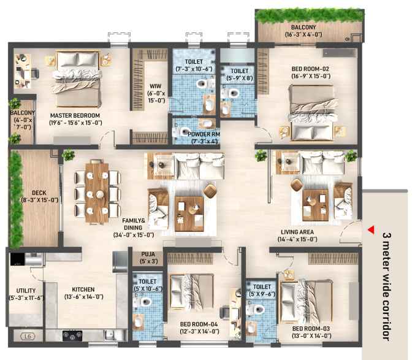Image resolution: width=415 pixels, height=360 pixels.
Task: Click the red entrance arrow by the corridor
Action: point(371,230)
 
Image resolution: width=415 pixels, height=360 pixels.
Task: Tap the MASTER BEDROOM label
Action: point(75,116)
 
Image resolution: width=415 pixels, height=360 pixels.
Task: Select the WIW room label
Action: point(155,86)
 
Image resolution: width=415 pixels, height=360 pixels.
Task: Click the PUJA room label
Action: point(148,255)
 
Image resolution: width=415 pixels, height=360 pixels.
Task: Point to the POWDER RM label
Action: point(204,134)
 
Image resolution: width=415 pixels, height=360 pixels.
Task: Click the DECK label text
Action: point(39,193)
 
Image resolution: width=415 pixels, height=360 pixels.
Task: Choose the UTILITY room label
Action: point(26,291)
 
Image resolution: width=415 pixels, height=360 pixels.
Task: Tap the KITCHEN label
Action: point(83,289)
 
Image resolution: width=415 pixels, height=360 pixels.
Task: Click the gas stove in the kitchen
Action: point(72,335)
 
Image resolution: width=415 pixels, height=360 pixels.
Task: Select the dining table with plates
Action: point(97,192)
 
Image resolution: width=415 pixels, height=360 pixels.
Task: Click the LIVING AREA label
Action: point(297,232)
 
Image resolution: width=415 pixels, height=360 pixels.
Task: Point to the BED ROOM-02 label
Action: point(310,69)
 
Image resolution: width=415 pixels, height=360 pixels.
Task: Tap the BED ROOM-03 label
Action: point(311,329)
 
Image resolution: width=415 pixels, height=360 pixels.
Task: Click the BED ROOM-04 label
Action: point(199,324)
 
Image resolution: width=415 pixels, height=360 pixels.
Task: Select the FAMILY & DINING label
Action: point(134,224)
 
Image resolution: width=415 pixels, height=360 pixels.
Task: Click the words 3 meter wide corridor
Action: point(386,286)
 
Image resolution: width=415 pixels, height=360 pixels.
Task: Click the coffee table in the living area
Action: point(315,205)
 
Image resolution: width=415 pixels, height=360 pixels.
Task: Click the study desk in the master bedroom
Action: point(23,71)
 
